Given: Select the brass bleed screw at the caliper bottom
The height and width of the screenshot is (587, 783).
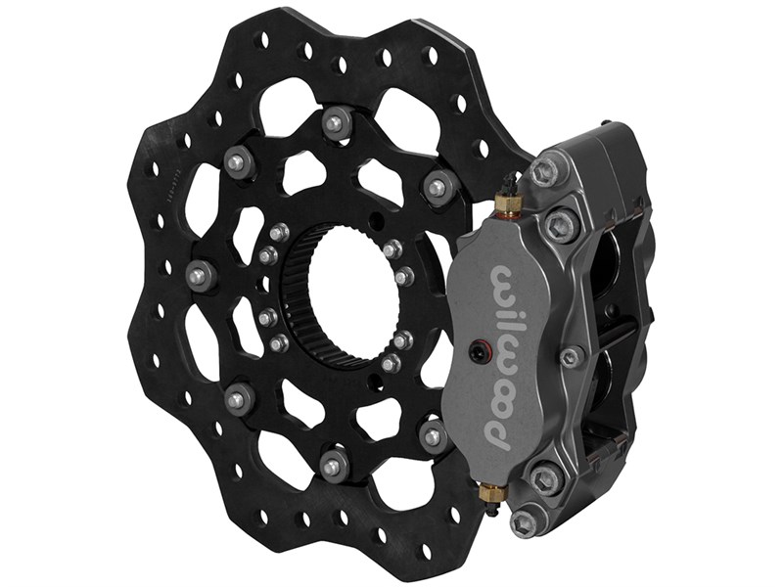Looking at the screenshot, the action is point(491,499).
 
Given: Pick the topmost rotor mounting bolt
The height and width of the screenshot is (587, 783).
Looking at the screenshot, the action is point(335,121).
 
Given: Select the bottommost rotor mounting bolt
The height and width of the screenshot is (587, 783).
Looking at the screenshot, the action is point(330,467).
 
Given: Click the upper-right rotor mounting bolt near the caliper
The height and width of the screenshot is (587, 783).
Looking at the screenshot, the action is point(438,185).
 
